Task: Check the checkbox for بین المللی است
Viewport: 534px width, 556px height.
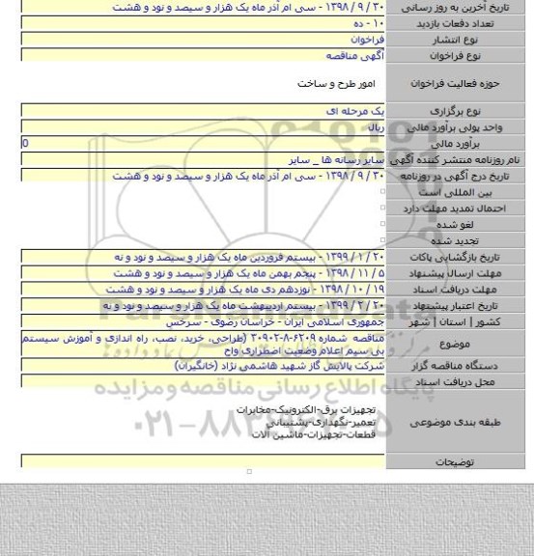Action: pos(383,192)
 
